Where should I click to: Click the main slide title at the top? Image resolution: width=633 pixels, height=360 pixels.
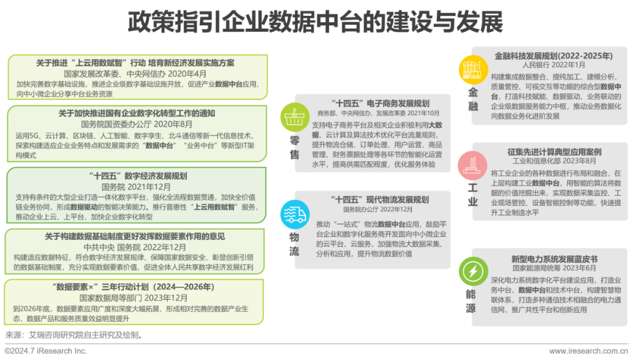[315, 22]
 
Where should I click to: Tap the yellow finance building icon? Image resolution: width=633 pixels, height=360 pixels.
[473, 70]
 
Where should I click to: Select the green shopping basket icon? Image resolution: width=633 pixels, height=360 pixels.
[295, 117]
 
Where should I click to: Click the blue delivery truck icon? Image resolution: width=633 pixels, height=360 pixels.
[295, 215]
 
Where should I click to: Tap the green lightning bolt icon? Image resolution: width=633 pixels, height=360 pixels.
[473, 271]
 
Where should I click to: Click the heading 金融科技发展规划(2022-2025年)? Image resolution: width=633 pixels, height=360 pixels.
[554, 56]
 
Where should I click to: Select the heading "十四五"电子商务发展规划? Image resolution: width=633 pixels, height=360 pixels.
[380, 103]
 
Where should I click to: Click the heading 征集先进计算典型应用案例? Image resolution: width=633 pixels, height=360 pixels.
[554, 152]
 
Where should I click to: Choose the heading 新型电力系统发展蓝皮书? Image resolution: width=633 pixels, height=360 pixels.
[554, 259]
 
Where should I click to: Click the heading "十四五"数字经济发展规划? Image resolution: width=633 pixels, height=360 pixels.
[138, 176]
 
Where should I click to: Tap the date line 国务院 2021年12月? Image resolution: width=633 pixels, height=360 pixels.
[136, 187]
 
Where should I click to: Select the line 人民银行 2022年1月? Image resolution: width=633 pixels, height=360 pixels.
[553, 65]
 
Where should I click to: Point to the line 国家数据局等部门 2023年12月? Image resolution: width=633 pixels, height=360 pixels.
[133, 298]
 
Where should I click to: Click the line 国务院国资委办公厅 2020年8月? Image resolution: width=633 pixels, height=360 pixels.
[137, 124]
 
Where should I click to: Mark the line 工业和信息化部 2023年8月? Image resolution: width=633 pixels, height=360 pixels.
[554, 161]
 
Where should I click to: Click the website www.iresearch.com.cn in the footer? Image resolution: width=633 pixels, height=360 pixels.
[588, 351]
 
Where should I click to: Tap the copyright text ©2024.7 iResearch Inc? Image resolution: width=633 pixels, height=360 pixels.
[46, 351]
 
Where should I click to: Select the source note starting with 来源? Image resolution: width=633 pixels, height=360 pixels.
[74, 335]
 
